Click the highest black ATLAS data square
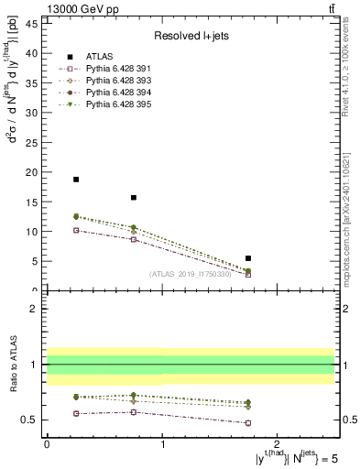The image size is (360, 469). (76, 180)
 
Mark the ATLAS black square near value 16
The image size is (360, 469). (134, 197)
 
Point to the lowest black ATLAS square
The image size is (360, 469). (248, 258)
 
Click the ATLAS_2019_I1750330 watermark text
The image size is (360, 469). (190, 274)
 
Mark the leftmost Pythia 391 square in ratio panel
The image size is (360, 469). (76, 413)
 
